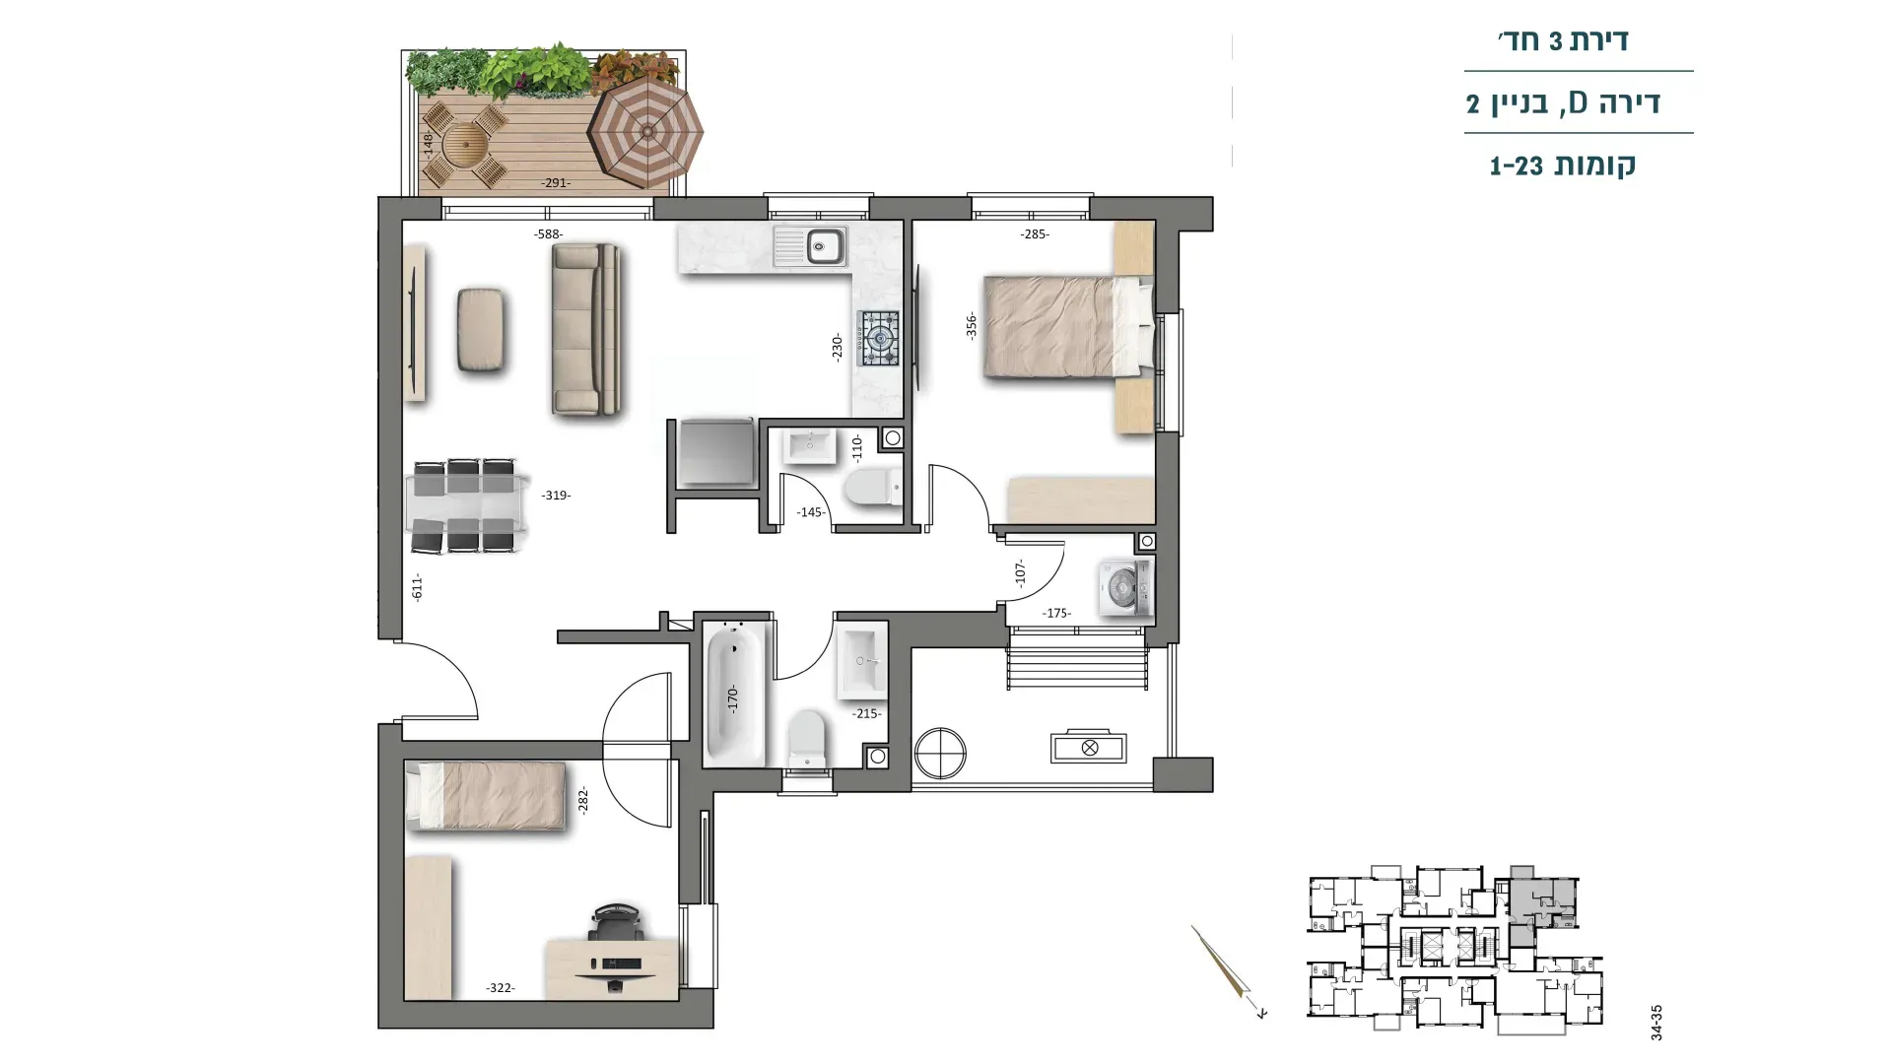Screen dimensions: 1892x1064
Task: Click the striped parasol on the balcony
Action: pyautogui.click(x=645, y=133)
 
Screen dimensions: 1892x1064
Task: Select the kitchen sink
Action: pyautogui.click(x=809, y=246)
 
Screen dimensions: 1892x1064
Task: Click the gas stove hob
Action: pyautogui.click(x=878, y=338)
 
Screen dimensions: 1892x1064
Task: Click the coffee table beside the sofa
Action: pyautogui.click(x=482, y=330)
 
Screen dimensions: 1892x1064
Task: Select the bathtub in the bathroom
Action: pyautogui.click(x=733, y=694)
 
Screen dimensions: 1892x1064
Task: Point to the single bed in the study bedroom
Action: pyautogui.click(x=485, y=794)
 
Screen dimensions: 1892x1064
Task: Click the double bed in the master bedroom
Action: pyautogui.click(x=1068, y=326)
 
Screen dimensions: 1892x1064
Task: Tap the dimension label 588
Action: pyautogui.click(x=548, y=234)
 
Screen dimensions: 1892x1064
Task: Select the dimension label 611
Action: pyautogui.click(x=417, y=588)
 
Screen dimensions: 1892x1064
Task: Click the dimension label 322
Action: pyautogui.click(x=501, y=988)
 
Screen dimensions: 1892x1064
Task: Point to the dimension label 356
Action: pyautogui.click(x=972, y=326)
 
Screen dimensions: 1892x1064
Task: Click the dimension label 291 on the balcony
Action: pyautogui.click(x=556, y=183)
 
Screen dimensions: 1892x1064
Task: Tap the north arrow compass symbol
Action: pyautogui.click(x=1227, y=969)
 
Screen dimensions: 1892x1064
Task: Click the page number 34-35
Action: pyautogui.click(x=1656, y=1023)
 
